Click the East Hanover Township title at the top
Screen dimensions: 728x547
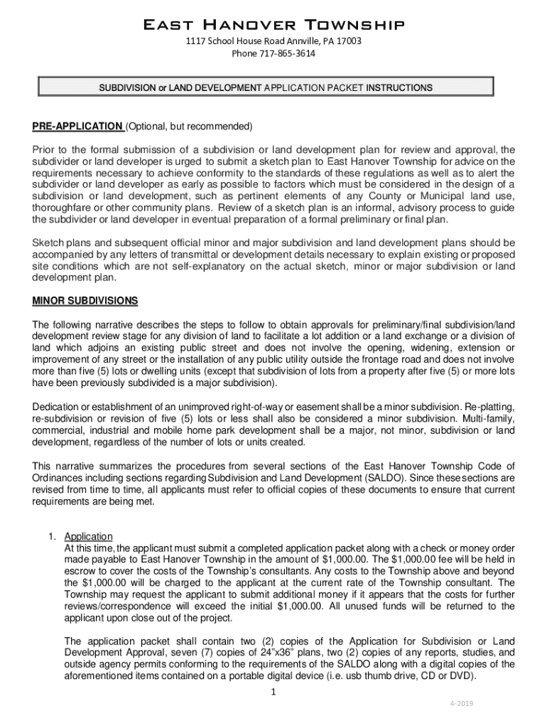coord(273,26)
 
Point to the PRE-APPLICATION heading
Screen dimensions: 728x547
coord(77,127)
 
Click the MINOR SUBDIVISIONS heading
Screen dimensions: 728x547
coord(85,301)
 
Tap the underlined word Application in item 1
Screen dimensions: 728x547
coord(88,537)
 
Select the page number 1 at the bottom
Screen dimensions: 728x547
coord(273,692)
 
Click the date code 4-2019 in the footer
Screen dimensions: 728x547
coord(461,704)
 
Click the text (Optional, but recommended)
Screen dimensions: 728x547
coord(189,127)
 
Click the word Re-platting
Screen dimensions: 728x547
coord(490,406)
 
